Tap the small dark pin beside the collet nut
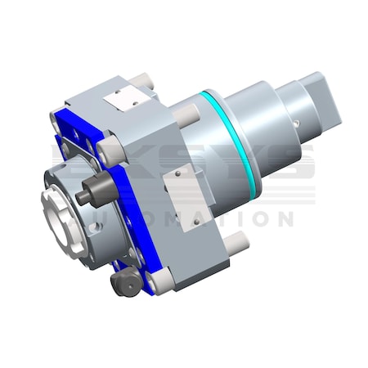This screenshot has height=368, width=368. (x=91, y=197)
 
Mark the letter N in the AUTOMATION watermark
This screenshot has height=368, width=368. (x=280, y=219)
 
